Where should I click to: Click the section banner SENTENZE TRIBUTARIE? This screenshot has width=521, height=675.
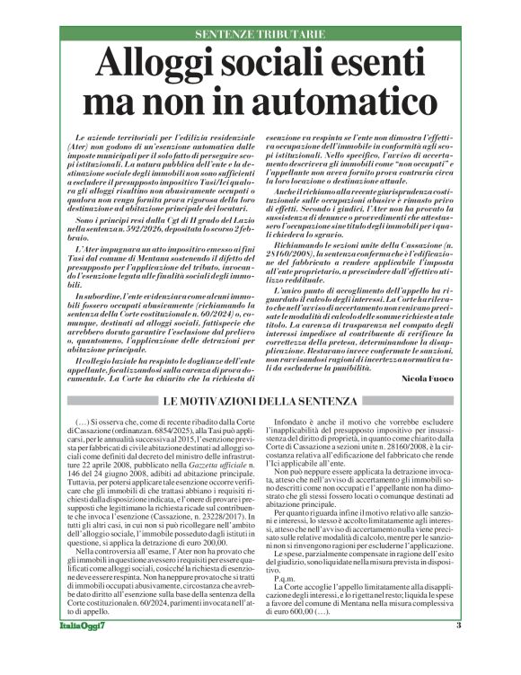point(260,34)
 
